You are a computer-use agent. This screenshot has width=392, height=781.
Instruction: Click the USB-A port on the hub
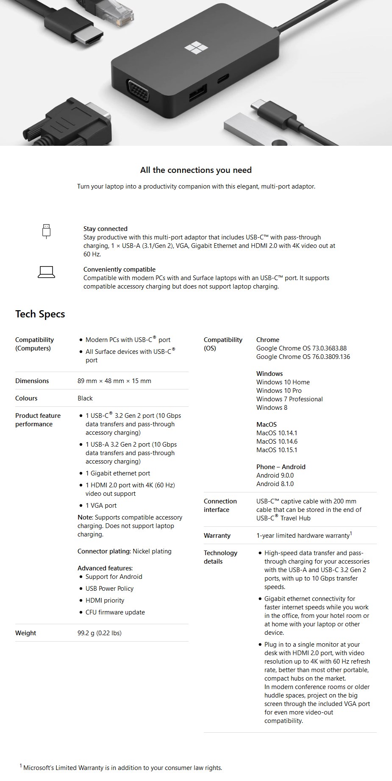(198, 92)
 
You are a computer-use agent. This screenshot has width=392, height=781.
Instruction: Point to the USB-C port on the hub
(223, 79)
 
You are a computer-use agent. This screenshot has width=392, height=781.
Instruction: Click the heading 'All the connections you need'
(196, 170)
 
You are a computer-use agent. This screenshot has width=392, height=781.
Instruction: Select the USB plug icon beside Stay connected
(47, 231)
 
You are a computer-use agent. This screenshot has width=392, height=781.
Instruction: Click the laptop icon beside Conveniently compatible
(47, 272)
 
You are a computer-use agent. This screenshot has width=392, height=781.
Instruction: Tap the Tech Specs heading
(40, 314)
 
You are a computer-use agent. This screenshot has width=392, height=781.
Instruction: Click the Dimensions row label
(32, 381)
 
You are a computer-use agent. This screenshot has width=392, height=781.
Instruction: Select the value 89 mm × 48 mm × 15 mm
(114, 381)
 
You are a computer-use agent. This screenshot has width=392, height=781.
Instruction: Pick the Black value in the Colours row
(85, 398)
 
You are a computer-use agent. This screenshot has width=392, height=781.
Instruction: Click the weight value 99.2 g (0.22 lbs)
(100, 633)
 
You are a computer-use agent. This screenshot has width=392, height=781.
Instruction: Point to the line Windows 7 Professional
(289, 399)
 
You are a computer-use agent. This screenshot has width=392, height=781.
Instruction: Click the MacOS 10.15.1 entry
(277, 450)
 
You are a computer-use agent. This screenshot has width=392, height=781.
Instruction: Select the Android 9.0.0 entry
(275, 475)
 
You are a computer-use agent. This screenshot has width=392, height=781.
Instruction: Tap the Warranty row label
(217, 536)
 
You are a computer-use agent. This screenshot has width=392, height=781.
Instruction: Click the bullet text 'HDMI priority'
(105, 600)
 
